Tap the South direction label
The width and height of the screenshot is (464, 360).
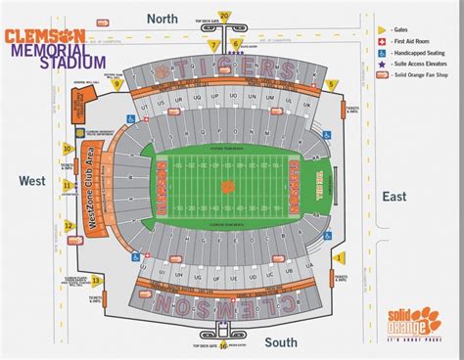coord(280,341)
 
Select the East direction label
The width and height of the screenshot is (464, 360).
coord(394,197)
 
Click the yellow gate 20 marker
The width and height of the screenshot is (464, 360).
coord(224,16)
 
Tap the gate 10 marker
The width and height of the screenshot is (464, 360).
coord(68,149)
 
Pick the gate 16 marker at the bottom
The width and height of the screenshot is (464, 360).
coord(223,344)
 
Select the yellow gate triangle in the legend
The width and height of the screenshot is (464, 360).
coord(382,31)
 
